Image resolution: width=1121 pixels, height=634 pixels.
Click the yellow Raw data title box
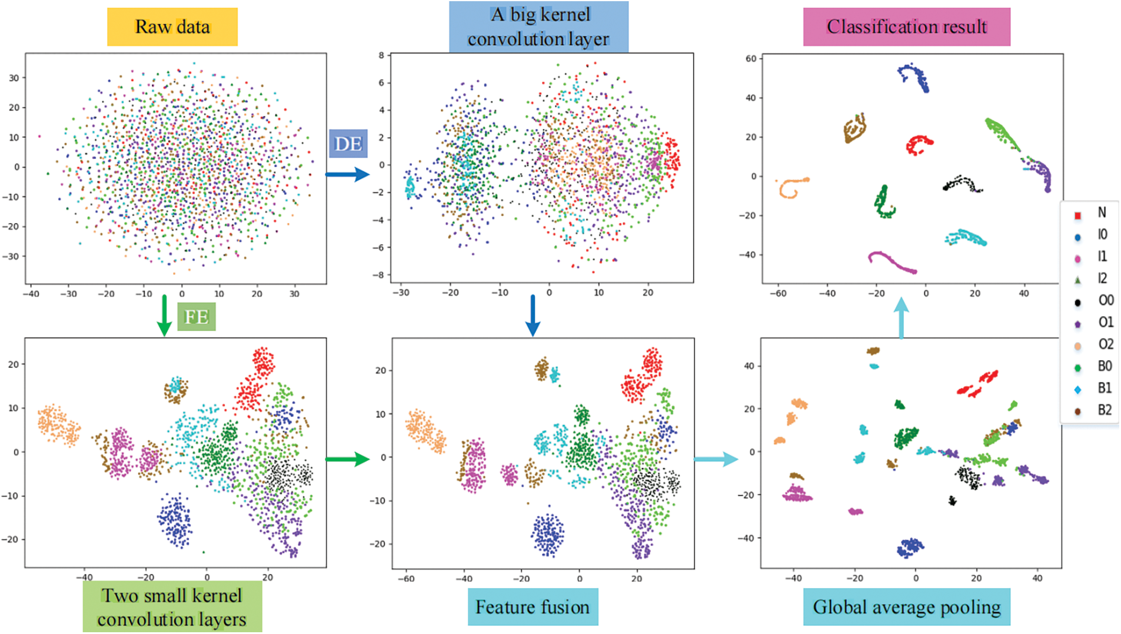point(172,26)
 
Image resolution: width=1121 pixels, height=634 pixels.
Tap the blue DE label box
point(348,144)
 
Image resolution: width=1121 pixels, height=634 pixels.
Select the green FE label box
point(196,317)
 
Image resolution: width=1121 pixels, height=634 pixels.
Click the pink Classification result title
point(906,26)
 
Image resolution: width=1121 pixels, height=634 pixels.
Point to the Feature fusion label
point(533,607)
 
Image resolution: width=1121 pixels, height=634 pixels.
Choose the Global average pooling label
point(906,607)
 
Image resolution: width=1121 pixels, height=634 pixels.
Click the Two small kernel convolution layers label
point(172,607)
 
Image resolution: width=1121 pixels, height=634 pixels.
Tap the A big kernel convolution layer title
point(538,26)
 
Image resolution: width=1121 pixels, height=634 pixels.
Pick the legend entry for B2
point(1092,410)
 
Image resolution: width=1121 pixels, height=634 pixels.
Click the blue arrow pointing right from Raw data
point(347,174)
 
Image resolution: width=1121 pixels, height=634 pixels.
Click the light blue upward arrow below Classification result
point(901,318)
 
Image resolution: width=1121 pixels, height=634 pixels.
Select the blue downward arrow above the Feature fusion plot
point(533,315)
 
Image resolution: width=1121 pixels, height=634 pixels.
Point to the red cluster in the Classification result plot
point(918,144)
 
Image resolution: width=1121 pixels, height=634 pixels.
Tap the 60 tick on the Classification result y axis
point(751,59)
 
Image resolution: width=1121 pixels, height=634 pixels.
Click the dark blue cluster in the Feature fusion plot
point(548,535)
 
